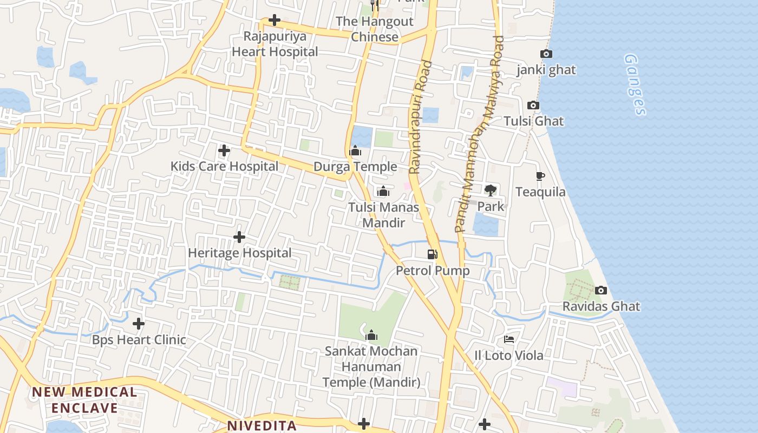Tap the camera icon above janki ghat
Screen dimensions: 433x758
[546, 54]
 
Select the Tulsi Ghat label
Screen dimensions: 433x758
[534, 121]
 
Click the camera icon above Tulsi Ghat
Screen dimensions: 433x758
[533, 105]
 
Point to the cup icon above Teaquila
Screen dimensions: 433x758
[540, 176]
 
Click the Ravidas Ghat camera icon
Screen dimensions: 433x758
[601, 291]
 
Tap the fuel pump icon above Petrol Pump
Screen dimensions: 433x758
[432, 254]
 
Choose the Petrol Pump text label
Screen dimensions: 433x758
[433, 270]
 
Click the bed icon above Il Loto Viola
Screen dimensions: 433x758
[509, 339]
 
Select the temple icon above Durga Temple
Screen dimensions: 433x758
[355, 151]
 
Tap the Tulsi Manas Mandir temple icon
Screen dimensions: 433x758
[383, 191]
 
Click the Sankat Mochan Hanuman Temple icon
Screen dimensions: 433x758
[371, 336]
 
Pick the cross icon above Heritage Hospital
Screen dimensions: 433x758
[239, 237]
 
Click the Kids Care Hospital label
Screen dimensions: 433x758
[224, 166]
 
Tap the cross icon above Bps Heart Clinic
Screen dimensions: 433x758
[139, 324]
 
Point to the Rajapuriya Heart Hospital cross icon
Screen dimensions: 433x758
[275, 21]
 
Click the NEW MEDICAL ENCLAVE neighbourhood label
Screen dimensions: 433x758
[84, 399]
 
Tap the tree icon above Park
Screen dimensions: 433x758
[491, 190]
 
